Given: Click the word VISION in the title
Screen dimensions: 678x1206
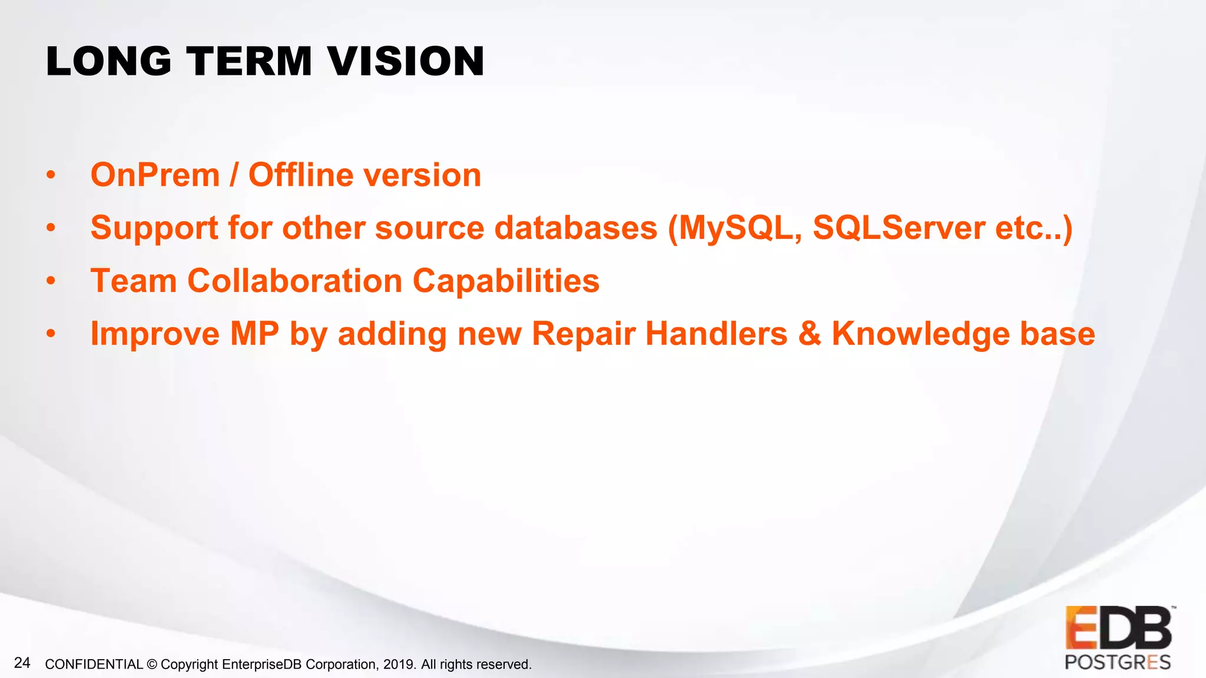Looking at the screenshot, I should click(x=406, y=61).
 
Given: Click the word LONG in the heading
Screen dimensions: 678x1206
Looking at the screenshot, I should click(x=109, y=61).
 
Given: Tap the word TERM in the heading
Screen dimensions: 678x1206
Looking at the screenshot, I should click(x=249, y=61).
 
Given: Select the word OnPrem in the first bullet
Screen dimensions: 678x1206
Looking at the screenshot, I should click(x=155, y=175).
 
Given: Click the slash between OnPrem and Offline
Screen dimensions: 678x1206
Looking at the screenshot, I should click(x=234, y=175).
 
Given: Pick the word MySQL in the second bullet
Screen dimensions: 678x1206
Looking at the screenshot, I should click(x=740, y=228).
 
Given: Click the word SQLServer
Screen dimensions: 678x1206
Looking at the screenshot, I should click(x=899, y=228).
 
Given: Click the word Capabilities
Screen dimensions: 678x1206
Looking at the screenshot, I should click(x=506, y=281).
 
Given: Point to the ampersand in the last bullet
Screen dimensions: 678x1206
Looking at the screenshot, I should click(x=810, y=334).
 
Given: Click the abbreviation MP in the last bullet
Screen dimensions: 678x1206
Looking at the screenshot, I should click(x=254, y=334).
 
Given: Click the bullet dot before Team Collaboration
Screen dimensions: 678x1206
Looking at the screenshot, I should click(x=51, y=281).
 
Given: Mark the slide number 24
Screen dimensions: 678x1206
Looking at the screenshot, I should click(x=22, y=663).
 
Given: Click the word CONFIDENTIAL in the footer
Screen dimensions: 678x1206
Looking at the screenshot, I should click(x=94, y=664).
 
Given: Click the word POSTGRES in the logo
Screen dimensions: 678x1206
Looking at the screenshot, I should click(x=1117, y=662).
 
